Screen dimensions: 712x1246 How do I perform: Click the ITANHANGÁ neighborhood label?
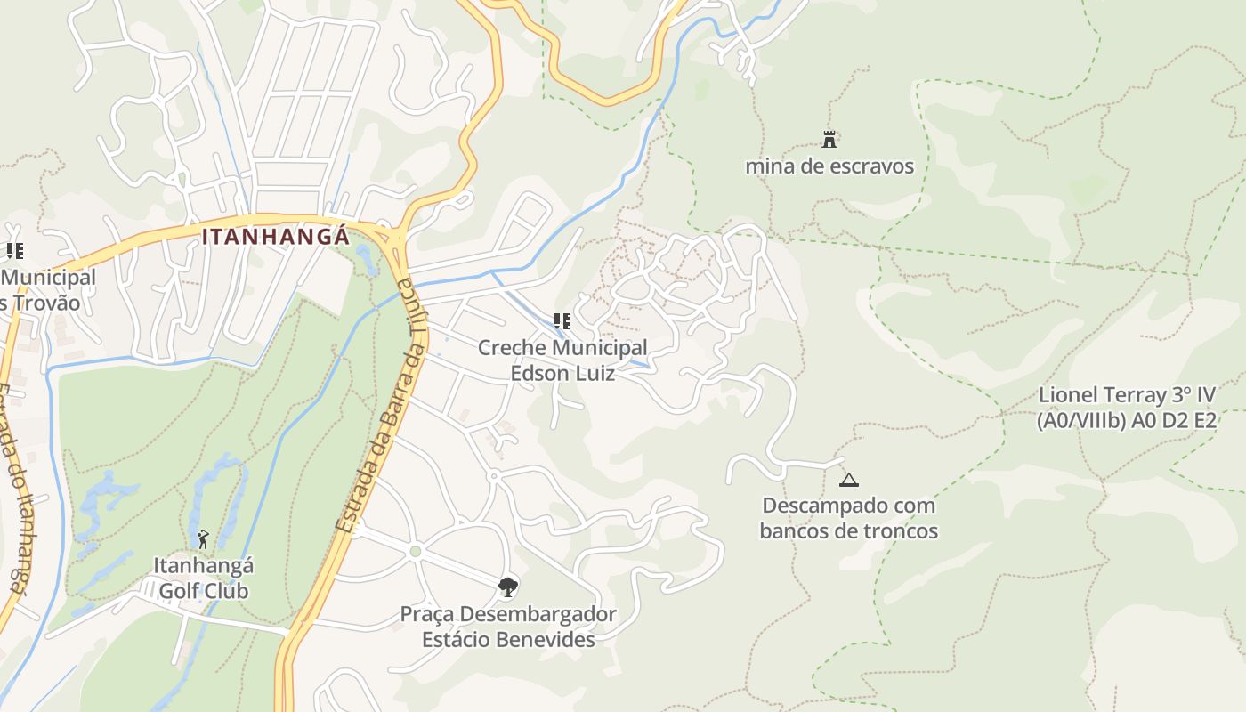pyautogui.click(x=276, y=238)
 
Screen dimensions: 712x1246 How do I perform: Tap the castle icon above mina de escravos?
pyautogui.click(x=829, y=139)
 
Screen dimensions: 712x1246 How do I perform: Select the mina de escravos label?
pyautogui.click(x=829, y=166)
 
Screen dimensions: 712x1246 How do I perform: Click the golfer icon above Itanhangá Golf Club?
pyautogui.click(x=203, y=539)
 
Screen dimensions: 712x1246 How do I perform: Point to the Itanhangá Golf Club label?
pyautogui.click(x=204, y=578)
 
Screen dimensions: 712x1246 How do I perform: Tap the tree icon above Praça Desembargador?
pyautogui.click(x=508, y=587)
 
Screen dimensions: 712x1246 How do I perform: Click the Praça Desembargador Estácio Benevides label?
pyautogui.click(x=508, y=627)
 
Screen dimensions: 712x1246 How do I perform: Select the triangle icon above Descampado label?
pyautogui.click(x=849, y=481)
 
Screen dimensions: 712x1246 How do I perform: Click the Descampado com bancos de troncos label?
pyautogui.click(x=849, y=518)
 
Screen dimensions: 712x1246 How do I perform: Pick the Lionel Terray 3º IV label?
pyautogui.click(x=1127, y=408)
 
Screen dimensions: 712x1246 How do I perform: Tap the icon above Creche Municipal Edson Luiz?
pyautogui.click(x=562, y=320)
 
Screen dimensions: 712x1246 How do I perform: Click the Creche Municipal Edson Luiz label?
pyautogui.click(x=562, y=360)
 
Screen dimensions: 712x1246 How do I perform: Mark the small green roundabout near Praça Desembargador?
pyautogui.click(x=415, y=552)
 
